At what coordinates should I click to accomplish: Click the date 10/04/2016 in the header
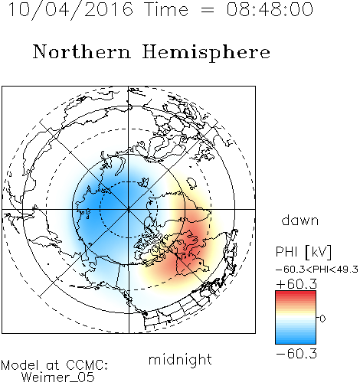[x=70, y=10]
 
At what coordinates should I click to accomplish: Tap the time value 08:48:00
[x=270, y=9]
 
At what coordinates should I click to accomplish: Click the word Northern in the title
[x=82, y=51]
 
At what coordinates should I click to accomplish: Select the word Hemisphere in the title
[x=206, y=53]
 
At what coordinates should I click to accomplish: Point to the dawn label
[x=300, y=220]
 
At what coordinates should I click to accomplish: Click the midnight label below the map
[x=180, y=360]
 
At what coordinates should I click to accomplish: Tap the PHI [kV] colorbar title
[x=303, y=252]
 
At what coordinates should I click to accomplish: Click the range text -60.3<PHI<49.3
[x=317, y=270]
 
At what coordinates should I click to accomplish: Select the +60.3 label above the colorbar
[x=296, y=284]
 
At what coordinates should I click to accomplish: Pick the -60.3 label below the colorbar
[x=296, y=354]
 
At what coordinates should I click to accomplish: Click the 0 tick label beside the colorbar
[x=322, y=319]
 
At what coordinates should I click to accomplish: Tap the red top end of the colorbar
[x=296, y=293]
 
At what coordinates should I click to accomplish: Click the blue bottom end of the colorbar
[x=296, y=342]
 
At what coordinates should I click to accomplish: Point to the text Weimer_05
[x=58, y=377]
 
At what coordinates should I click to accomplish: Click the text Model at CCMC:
[x=54, y=365]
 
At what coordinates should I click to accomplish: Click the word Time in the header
[x=166, y=9]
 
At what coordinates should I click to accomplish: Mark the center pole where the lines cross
[x=129, y=209]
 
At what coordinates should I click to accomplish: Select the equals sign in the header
[x=208, y=10]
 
